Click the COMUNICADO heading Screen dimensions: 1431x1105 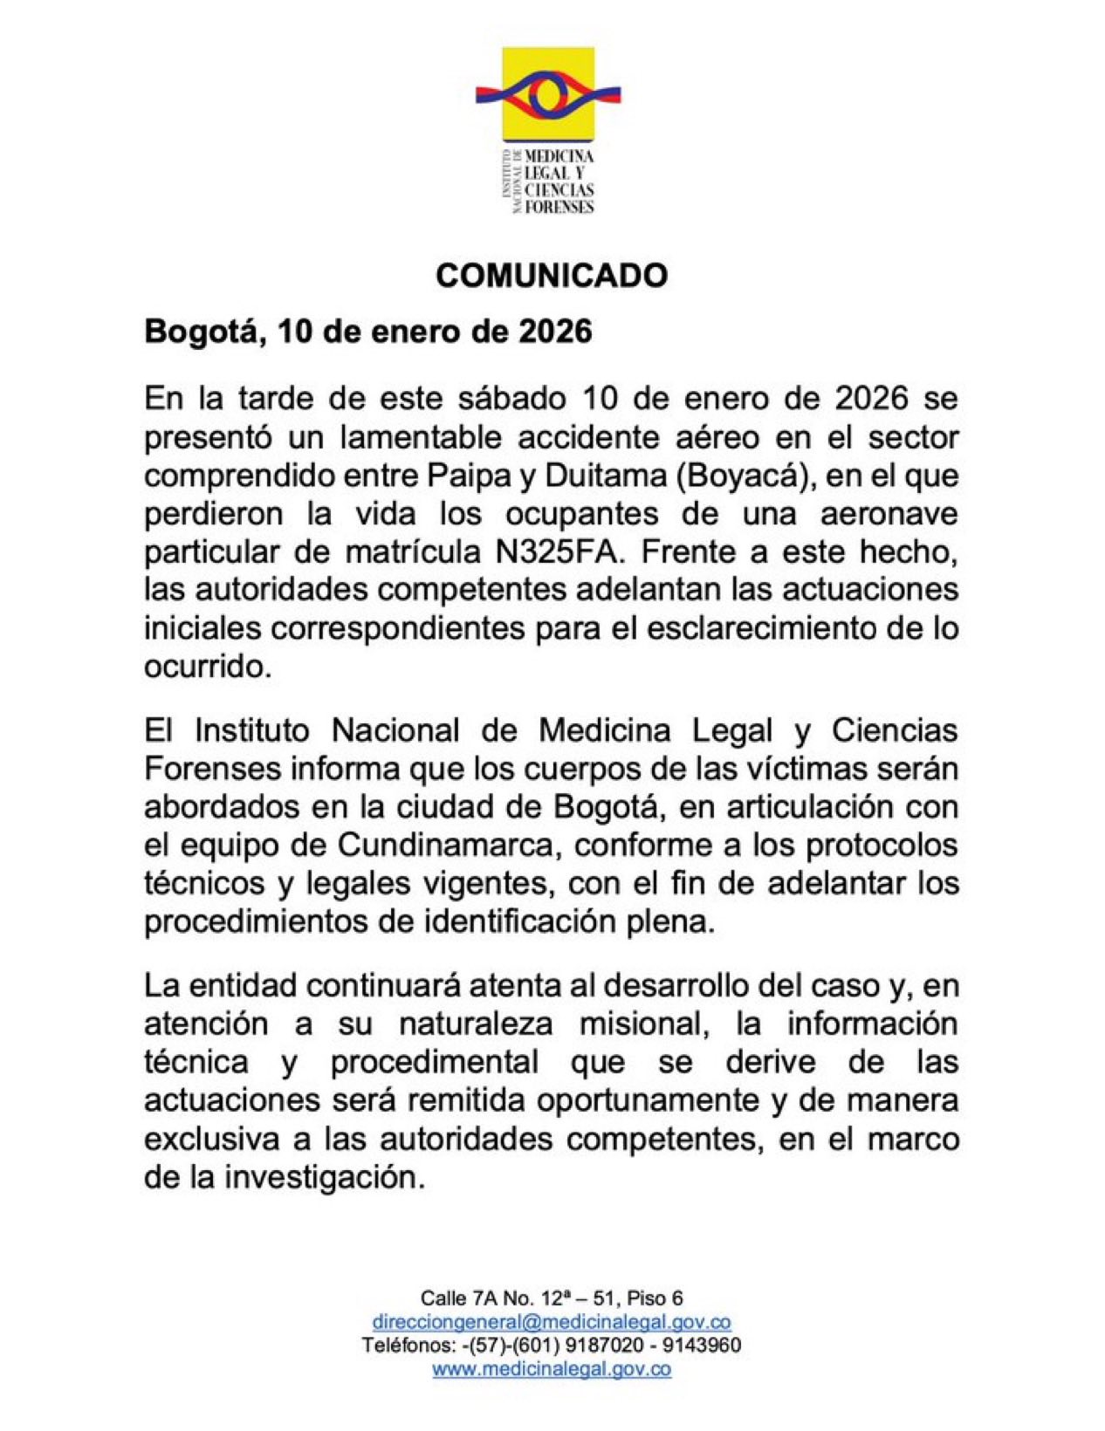(x=552, y=276)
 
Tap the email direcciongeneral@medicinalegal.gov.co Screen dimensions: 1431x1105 (x=552, y=1322)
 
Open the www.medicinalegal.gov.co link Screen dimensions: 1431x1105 (x=552, y=1369)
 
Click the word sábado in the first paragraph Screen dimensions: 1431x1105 (x=512, y=399)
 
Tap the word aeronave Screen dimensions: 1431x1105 (x=889, y=514)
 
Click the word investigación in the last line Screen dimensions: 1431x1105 (x=325, y=1178)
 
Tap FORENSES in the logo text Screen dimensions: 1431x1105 (x=559, y=208)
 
